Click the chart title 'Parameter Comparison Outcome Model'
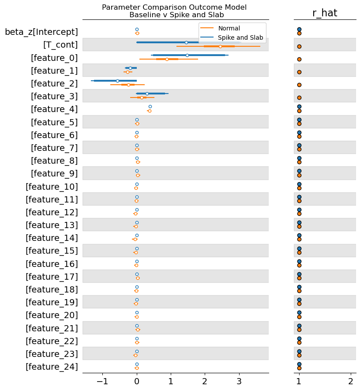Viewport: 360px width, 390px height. click(x=174, y=7)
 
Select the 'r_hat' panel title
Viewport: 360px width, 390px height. click(x=325, y=13)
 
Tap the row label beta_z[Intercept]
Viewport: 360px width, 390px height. click(x=41, y=32)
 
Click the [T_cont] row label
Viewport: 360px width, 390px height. click(x=60, y=45)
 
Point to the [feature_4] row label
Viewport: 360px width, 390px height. click(x=54, y=109)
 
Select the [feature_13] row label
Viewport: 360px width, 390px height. click(x=52, y=225)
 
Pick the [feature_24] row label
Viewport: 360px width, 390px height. click(x=52, y=367)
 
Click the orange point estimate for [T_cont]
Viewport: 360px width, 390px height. click(x=220, y=46)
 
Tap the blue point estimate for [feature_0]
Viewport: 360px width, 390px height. click(x=187, y=55)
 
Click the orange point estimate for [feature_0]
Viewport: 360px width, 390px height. click(x=167, y=59)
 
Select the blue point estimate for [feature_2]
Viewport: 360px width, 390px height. click(x=117, y=81)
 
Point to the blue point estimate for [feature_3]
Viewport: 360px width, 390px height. click(x=147, y=94)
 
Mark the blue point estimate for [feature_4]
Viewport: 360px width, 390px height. click(x=150, y=106)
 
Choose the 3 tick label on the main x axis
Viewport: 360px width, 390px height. click(x=239, y=381)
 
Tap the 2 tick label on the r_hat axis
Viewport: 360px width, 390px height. click(x=351, y=381)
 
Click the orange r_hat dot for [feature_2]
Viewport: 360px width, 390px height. click(x=299, y=85)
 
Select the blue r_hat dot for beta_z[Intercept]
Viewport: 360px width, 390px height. click(x=299, y=30)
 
